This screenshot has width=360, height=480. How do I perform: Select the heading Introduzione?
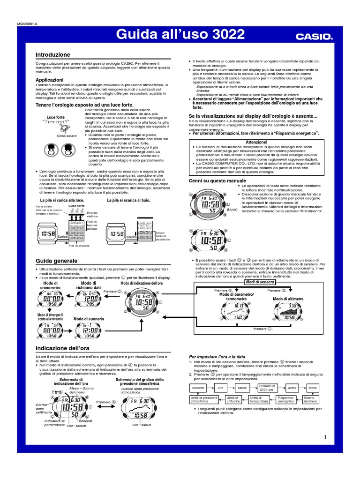53,55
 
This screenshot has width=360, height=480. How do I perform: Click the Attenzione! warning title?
256,142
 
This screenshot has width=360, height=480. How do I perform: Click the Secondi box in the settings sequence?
199,388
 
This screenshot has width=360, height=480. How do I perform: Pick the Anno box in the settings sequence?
292,388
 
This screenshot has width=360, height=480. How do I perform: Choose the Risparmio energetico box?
285,399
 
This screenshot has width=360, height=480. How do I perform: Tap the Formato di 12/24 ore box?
265,388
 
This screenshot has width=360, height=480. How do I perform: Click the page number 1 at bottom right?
324,437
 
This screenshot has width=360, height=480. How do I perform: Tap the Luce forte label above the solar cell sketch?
55,117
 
